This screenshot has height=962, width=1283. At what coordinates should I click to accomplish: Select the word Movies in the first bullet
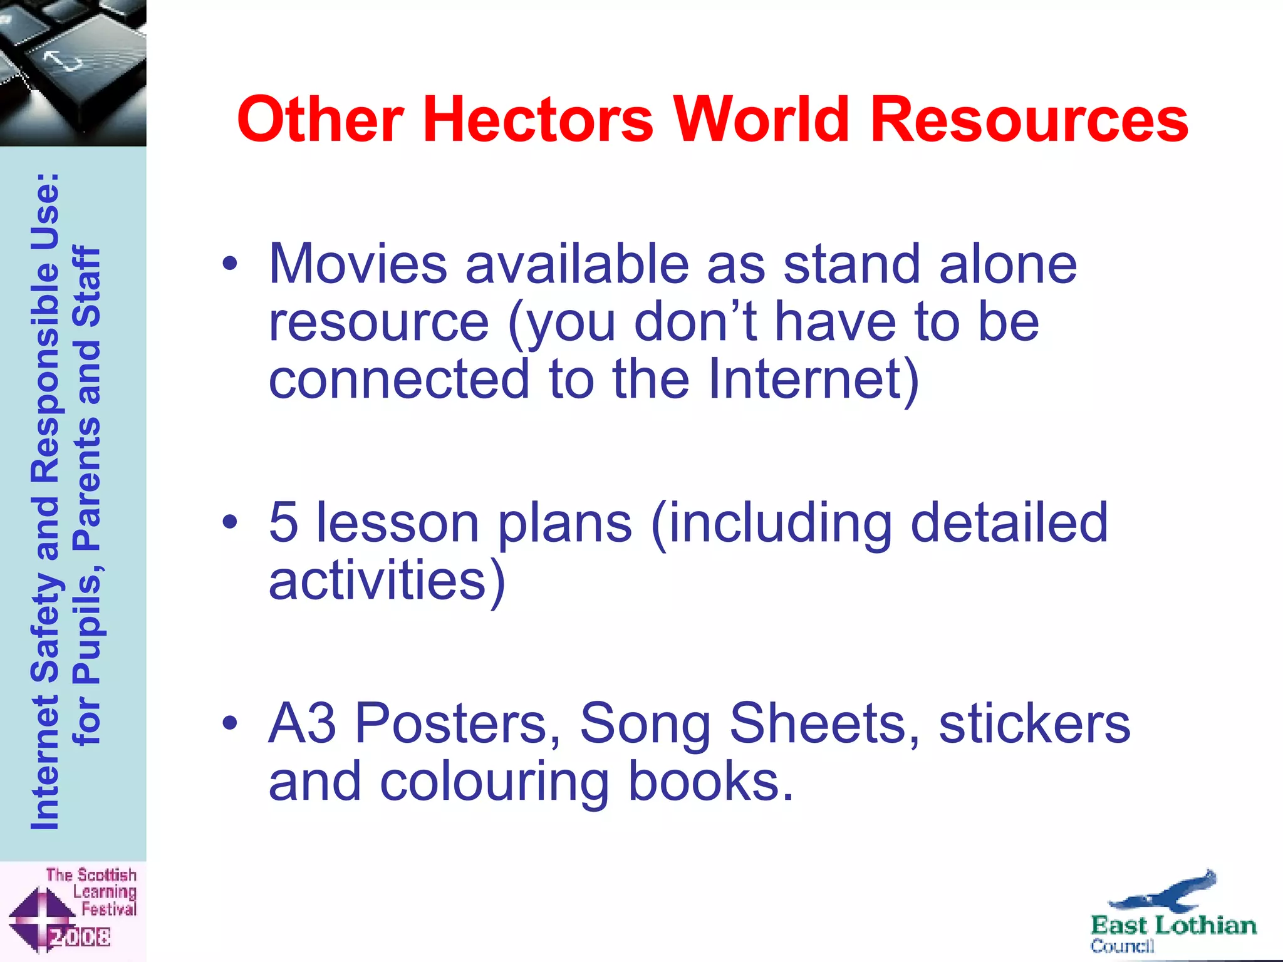point(358,264)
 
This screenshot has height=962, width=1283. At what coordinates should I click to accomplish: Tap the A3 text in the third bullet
point(302,723)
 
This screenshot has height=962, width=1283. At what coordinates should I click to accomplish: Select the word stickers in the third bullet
point(1034,723)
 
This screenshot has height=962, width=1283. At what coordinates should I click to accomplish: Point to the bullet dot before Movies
point(230,264)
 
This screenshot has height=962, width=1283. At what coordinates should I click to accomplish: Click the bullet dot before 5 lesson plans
point(230,522)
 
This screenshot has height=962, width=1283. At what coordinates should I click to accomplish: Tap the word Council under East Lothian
point(1122,946)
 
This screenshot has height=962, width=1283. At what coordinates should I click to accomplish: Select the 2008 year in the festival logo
point(80,937)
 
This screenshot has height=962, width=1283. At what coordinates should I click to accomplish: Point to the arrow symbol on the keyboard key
point(63,61)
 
